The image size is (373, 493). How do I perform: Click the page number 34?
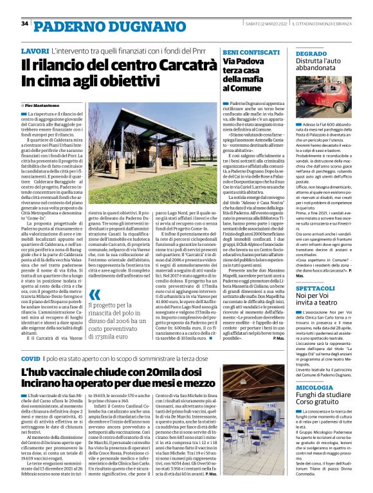(24, 23)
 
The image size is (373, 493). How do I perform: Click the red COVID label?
(30, 358)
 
